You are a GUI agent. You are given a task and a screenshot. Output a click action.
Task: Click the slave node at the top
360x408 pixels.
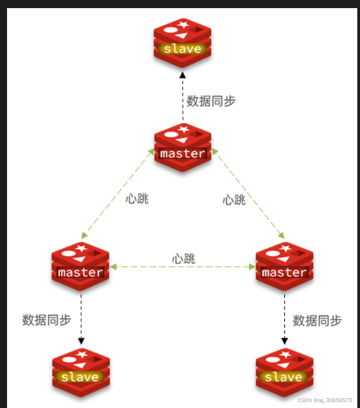(182, 43)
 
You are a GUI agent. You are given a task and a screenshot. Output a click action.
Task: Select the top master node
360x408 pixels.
(183, 148)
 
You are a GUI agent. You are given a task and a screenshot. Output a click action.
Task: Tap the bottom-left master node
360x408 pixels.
(81, 266)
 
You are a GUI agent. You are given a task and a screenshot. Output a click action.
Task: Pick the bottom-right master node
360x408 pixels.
(284, 266)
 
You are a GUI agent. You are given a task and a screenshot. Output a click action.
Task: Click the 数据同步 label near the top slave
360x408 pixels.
(211, 101)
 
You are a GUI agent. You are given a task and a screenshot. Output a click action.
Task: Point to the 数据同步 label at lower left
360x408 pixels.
(46, 320)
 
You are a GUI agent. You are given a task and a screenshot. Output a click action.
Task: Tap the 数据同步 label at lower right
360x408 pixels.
(317, 320)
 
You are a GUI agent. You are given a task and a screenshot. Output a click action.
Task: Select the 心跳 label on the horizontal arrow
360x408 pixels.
(183, 259)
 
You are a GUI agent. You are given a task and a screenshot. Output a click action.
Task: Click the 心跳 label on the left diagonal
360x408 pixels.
(137, 199)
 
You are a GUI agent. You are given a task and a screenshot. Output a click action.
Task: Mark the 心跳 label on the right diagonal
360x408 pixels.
(234, 200)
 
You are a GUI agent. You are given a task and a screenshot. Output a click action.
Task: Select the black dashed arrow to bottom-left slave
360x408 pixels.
(81, 319)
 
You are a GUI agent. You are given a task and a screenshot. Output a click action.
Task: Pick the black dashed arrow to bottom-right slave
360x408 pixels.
(284, 319)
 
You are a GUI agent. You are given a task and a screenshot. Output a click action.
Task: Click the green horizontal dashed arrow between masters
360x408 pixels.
(183, 267)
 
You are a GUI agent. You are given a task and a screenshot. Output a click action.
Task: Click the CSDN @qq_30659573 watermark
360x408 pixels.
(324, 400)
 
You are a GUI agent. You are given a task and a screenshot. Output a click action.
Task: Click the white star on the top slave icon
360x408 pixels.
(183, 24)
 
